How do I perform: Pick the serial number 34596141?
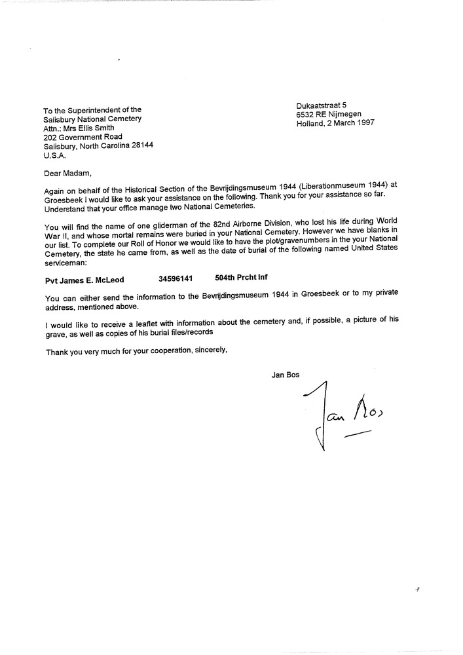(x=176, y=280)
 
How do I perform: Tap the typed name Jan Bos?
(x=285, y=375)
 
